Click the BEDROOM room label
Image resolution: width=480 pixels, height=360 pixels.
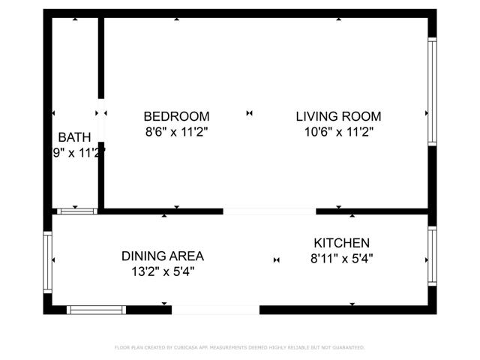(x=176, y=116)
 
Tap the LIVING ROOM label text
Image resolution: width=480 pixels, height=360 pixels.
(x=338, y=116)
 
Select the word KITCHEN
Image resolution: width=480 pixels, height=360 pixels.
(x=341, y=243)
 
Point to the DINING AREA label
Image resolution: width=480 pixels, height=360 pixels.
(x=163, y=256)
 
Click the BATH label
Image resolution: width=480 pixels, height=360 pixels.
(x=74, y=137)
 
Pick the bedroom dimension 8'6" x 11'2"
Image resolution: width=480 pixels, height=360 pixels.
(x=176, y=132)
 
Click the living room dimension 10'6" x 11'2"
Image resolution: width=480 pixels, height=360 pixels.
(x=338, y=132)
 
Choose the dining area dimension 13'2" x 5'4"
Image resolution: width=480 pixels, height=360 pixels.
(x=163, y=271)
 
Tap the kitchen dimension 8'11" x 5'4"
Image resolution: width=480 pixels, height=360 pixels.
(x=341, y=259)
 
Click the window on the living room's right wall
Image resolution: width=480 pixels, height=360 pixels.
(x=432, y=91)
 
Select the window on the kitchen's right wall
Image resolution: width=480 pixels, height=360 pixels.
(x=432, y=257)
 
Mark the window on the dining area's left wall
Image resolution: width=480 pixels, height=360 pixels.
(x=48, y=260)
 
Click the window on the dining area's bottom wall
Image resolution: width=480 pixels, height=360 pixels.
(x=97, y=309)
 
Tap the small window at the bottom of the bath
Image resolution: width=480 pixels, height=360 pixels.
(x=77, y=211)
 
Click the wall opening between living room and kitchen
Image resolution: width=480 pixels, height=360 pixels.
(x=269, y=211)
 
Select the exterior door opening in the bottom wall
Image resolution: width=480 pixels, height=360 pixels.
(x=215, y=309)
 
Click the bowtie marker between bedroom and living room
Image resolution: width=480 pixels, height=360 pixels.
(x=250, y=113)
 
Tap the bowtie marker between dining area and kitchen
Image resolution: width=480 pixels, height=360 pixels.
(x=277, y=260)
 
